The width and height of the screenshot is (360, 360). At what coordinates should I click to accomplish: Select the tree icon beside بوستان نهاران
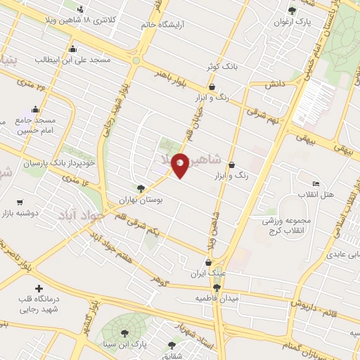[x=141, y=188]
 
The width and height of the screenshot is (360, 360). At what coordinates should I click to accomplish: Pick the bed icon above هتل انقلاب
[x=316, y=184]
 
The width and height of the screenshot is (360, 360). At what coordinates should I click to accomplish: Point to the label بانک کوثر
[x=219, y=66]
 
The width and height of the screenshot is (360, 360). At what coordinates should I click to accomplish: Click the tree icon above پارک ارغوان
[x=292, y=10]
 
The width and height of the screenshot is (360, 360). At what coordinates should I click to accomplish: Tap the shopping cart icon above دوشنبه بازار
[x=18, y=201]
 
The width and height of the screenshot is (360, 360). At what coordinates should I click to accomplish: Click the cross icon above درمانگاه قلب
[x=39, y=288]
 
